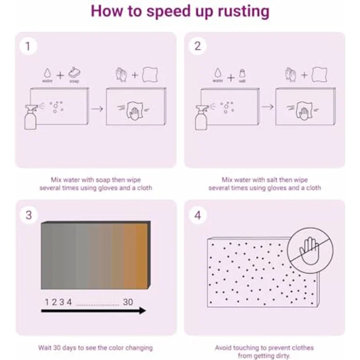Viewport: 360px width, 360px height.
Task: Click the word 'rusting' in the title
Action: point(244,11)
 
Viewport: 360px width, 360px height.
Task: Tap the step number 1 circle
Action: point(28,46)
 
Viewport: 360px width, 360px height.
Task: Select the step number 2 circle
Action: point(198,46)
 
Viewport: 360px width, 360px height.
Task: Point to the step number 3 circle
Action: point(29,215)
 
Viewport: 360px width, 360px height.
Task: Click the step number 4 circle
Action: point(198,215)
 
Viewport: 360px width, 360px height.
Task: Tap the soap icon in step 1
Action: point(74,73)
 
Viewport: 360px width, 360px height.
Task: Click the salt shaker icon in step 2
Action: point(243,73)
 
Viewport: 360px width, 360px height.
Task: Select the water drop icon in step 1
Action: point(47,73)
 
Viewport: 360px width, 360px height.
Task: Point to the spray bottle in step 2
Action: point(202,117)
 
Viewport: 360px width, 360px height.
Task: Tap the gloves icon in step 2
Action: point(290,75)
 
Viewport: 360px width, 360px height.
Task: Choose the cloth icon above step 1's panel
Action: point(150,75)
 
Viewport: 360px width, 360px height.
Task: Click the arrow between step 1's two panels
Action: point(97,109)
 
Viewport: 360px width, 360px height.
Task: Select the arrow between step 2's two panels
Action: point(268,107)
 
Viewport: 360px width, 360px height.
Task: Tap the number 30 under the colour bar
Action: point(128,302)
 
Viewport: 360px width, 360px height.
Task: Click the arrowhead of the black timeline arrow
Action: point(143,311)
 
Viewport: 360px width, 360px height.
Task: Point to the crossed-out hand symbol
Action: point(310,251)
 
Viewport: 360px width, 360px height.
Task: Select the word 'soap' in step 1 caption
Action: point(103,180)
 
